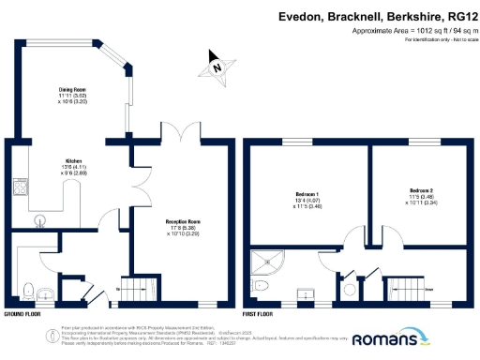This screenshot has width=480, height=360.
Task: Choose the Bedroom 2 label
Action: pyautogui.click(x=420, y=190)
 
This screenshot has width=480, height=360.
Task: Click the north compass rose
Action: pyautogui.click(x=217, y=68)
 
